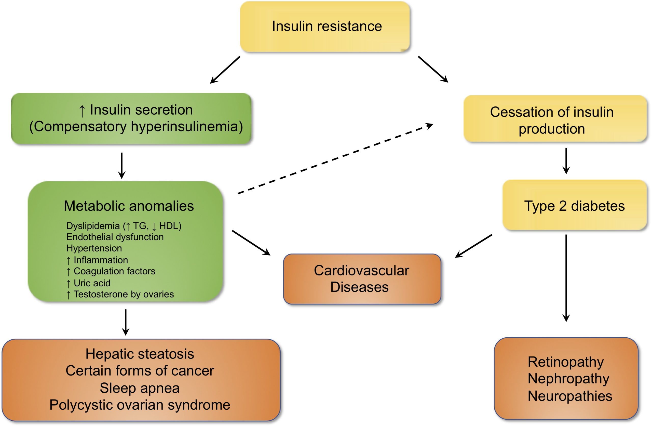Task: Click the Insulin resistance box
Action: (x=325, y=26)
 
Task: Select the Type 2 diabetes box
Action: (x=575, y=205)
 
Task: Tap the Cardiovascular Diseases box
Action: (x=362, y=279)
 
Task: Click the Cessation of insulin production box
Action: (x=555, y=118)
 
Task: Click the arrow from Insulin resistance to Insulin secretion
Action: (x=225, y=70)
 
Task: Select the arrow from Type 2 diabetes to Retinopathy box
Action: (x=566, y=278)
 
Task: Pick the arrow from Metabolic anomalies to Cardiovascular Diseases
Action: (x=251, y=243)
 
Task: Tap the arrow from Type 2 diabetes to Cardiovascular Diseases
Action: (x=474, y=246)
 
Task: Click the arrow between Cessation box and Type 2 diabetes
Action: (x=566, y=161)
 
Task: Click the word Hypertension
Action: (x=94, y=248)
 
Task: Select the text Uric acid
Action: (x=92, y=283)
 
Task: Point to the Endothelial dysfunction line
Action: (x=115, y=237)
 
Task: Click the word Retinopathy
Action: (x=566, y=362)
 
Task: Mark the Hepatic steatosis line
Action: (x=140, y=354)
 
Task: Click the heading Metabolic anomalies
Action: (x=129, y=206)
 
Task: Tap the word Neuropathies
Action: (x=570, y=396)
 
